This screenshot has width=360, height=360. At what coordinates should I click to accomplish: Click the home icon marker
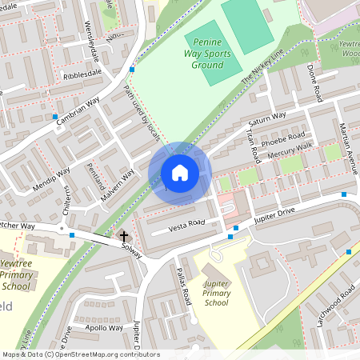180,173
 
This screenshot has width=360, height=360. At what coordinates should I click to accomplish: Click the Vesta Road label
187,226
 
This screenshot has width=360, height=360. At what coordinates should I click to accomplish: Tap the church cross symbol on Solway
123,236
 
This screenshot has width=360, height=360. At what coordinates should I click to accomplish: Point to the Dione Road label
314,83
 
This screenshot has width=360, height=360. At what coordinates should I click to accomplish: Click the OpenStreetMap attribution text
72,354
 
